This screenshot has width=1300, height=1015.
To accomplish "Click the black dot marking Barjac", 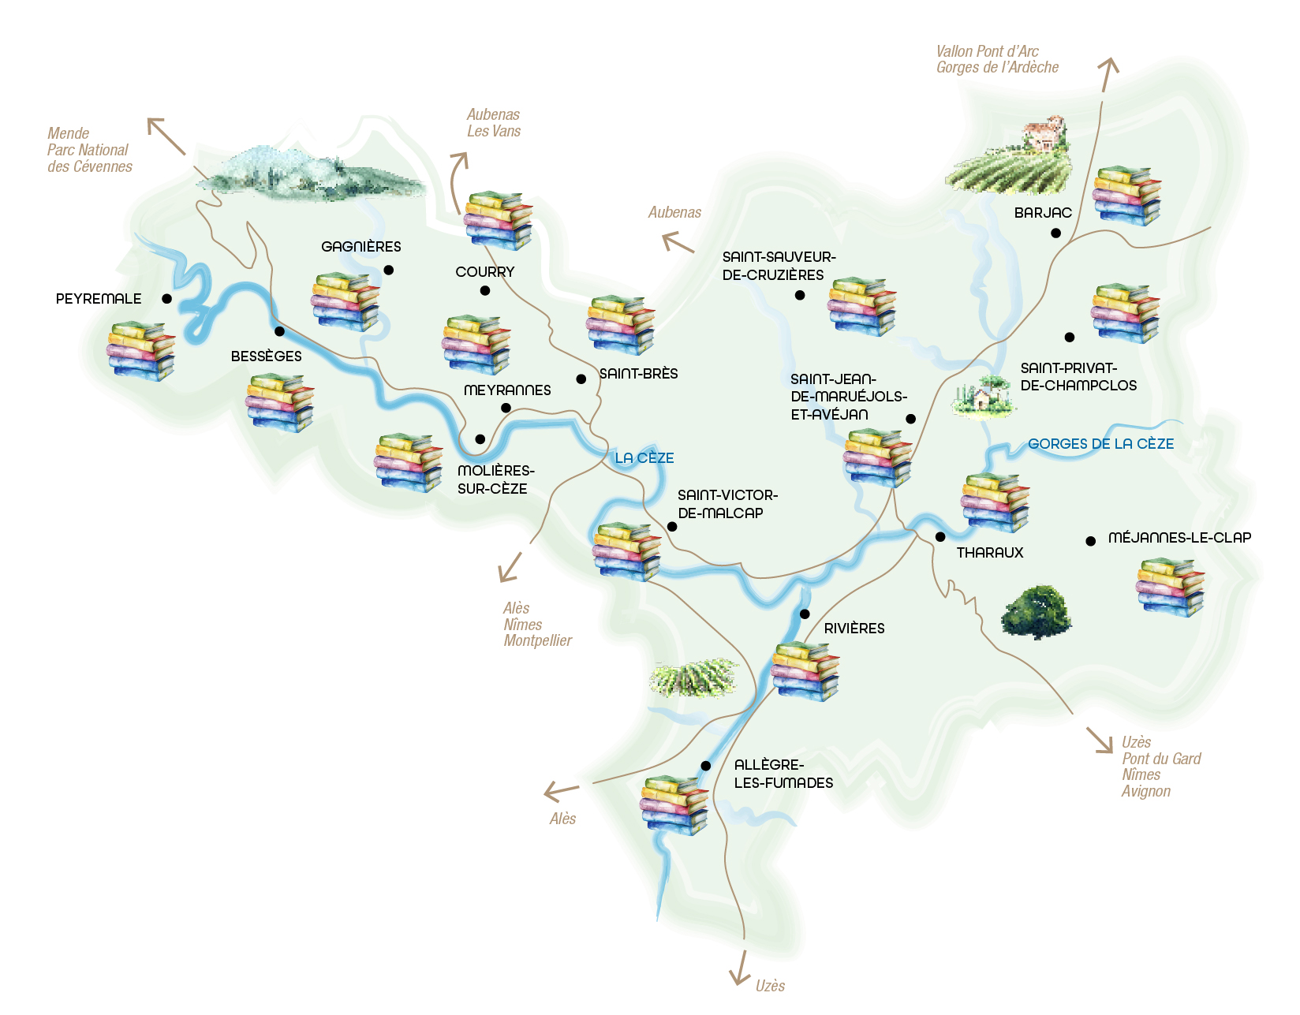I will click(1055, 233).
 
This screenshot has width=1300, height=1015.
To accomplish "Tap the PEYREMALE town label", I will click(99, 299).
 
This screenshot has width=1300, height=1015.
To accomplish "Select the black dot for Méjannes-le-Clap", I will click(1090, 541).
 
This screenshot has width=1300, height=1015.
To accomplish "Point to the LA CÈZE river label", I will click(644, 458).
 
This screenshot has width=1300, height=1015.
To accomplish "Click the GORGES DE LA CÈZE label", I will click(1100, 444).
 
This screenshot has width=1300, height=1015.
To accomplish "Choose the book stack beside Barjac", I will click(1126, 196).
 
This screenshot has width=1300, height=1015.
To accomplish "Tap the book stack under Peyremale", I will click(141, 351).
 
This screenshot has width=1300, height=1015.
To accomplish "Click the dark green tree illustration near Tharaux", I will click(1037, 612).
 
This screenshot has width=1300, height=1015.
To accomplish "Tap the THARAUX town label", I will click(989, 553).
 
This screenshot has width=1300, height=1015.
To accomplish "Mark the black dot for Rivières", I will click(805, 614).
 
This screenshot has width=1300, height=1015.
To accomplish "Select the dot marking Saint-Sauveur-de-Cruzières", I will click(800, 295).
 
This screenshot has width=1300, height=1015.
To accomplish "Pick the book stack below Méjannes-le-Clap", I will click(1171, 587).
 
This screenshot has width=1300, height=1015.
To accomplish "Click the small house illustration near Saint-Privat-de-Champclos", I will click(982, 397).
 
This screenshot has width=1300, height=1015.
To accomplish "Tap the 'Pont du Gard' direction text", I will click(1161, 759).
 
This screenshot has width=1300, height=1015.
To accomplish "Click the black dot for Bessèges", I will click(279, 331).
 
